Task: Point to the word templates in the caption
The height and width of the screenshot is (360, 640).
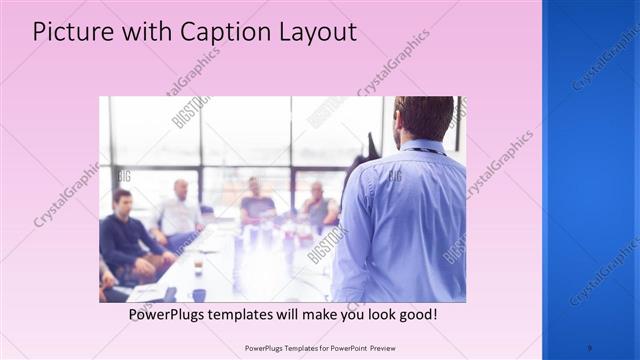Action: (x=259, y=314)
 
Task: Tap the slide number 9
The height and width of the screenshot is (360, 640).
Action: (x=589, y=348)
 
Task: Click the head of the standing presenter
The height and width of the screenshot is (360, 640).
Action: (x=425, y=118)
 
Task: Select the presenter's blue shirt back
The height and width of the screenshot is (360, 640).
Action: (x=405, y=220)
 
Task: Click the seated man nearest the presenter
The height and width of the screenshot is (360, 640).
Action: (x=319, y=205)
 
